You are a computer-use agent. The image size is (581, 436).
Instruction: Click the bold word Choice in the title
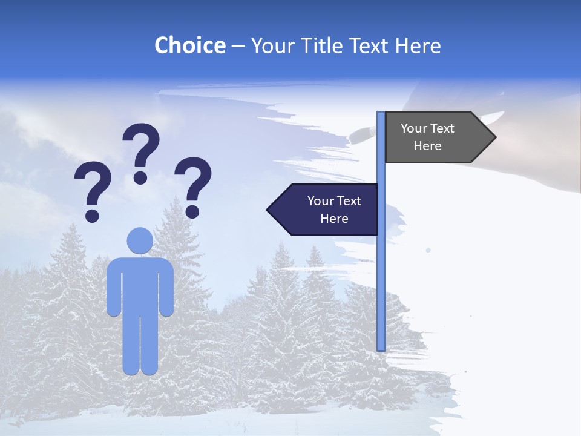189,45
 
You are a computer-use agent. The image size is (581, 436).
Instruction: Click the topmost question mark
141,151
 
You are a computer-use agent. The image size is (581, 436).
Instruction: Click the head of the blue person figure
140,240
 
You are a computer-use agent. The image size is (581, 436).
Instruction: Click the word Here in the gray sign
427,146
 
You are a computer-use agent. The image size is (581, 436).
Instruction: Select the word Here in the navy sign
334,219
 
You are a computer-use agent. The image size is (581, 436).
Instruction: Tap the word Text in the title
370,45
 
